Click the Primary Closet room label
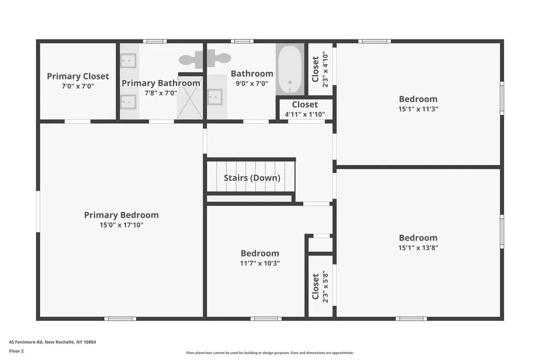[x=78, y=76]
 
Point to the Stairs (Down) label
[x=252, y=178]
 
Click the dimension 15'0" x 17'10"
[x=121, y=225]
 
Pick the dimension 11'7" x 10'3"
[x=259, y=263]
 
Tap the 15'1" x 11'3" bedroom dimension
[x=418, y=109]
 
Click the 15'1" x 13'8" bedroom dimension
[x=418, y=247]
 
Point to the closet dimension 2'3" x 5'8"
[x=325, y=286]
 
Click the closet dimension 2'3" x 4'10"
[x=325, y=69]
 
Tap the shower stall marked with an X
[x=190, y=98]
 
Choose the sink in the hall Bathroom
[x=215, y=98]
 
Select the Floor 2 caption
[x=16, y=351]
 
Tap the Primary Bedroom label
[x=121, y=215]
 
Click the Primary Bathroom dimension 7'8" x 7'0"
[x=161, y=93]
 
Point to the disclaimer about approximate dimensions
[x=270, y=353]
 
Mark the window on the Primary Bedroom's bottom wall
[x=120, y=319]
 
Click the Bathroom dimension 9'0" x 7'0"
[x=252, y=83]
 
